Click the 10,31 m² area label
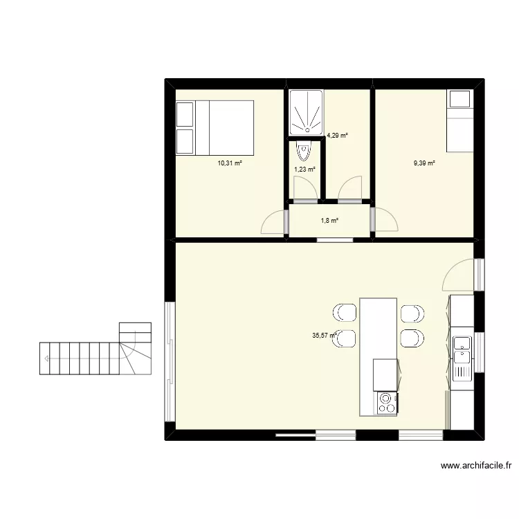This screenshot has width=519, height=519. click(230, 163)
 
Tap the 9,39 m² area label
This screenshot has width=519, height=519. click(424, 163)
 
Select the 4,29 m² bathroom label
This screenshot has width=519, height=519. click(337, 135)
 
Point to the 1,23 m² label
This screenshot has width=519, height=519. click(305, 169)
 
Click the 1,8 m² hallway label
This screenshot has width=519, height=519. click(329, 221)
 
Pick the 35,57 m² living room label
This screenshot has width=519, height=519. click(325, 336)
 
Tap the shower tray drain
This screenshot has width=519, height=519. click(307, 129)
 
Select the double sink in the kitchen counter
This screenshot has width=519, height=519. click(462, 349)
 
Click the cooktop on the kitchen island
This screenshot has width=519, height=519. click(387, 403)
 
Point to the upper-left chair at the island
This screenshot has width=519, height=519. click(345, 313)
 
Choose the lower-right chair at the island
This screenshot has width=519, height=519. click(412, 338)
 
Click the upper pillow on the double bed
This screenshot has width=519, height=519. click(185, 114)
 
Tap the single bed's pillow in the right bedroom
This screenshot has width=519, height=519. click(459, 99)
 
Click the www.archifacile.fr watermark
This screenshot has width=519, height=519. click(476, 466)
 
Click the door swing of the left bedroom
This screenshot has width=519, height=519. click(273, 222)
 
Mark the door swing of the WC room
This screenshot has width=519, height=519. click(305, 188)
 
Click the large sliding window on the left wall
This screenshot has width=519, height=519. click(170, 361)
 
